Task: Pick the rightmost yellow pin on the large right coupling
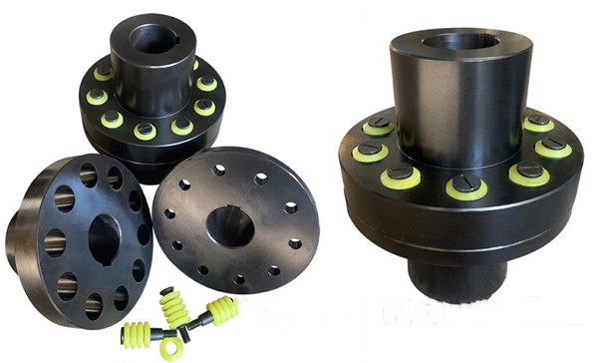pyautogui.click(x=554, y=149)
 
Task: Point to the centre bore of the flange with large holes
pyautogui.click(x=105, y=237)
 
